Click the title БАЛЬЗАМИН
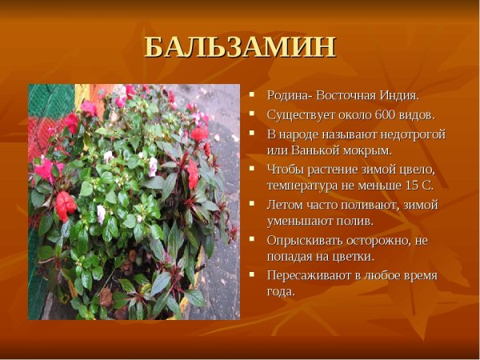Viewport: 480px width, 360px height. click(240, 46)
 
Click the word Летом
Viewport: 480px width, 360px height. click(285, 204)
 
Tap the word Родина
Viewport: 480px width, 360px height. click(287, 95)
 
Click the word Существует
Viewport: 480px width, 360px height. click(299, 114)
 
